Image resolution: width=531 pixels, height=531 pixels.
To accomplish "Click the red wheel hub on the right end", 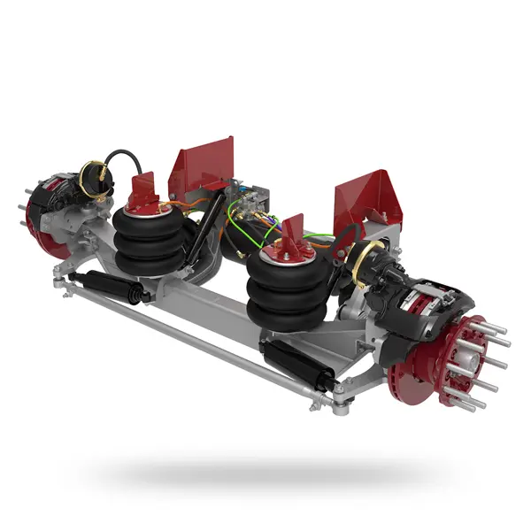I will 469,354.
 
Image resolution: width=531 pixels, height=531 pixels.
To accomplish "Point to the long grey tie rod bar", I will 195,341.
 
